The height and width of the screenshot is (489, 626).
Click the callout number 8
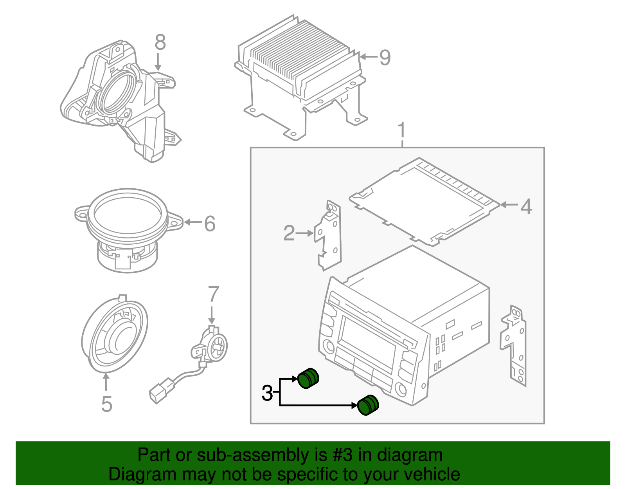click(160, 42)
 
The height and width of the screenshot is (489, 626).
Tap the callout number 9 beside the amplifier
click(385, 58)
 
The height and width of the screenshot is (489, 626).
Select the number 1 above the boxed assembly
click(402, 131)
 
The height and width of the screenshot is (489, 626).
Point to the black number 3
click(267, 393)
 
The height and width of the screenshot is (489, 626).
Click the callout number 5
click(106, 404)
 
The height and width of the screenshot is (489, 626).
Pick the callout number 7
click(213, 294)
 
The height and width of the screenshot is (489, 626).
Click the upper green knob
click(309, 378)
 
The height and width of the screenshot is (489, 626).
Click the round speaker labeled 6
click(127, 229)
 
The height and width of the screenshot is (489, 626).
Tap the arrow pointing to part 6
click(192, 222)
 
